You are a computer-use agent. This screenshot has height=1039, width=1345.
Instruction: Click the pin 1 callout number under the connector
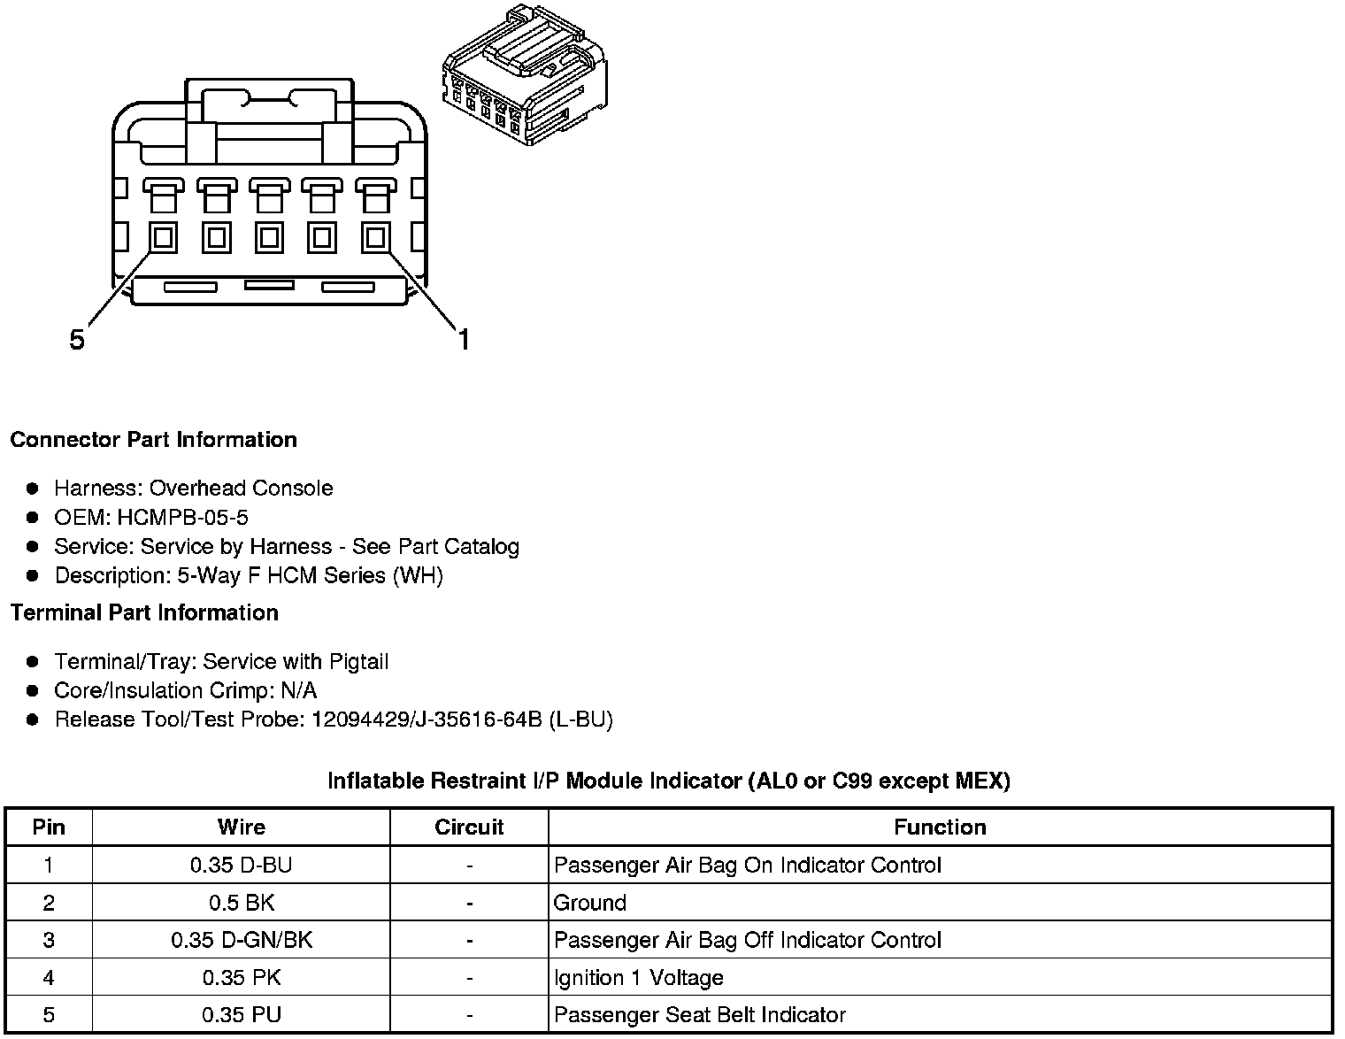tap(464, 339)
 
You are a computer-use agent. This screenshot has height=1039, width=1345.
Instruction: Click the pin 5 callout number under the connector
tap(78, 339)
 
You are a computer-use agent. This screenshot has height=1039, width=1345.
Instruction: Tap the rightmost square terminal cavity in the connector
tap(375, 237)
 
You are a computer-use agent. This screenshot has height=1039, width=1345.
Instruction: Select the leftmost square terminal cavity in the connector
tap(163, 237)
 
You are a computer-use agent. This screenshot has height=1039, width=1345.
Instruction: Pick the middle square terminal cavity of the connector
tap(269, 237)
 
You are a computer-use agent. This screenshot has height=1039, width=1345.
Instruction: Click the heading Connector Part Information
tap(153, 440)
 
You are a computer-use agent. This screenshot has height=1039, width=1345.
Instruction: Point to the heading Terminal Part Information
tap(144, 612)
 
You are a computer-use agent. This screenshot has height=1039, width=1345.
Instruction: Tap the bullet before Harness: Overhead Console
tap(33, 489)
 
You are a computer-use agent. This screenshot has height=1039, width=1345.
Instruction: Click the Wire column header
tap(241, 827)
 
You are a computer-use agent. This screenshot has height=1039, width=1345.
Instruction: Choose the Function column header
tap(940, 827)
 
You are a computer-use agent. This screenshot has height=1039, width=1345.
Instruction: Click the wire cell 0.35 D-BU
tap(241, 865)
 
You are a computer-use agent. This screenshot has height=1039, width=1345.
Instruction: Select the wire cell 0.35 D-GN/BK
tap(241, 940)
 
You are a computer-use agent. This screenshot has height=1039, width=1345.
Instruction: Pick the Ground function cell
tap(590, 903)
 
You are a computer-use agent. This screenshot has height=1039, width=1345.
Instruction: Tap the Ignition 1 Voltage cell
tap(638, 978)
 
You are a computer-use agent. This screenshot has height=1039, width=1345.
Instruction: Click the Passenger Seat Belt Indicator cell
tap(699, 1015)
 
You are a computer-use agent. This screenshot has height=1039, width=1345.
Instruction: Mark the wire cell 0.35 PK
tap(241, 978)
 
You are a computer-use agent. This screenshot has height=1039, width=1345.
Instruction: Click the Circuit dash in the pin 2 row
tap(469, 903)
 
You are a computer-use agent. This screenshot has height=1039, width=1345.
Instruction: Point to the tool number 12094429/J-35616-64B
tap(426, 720)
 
